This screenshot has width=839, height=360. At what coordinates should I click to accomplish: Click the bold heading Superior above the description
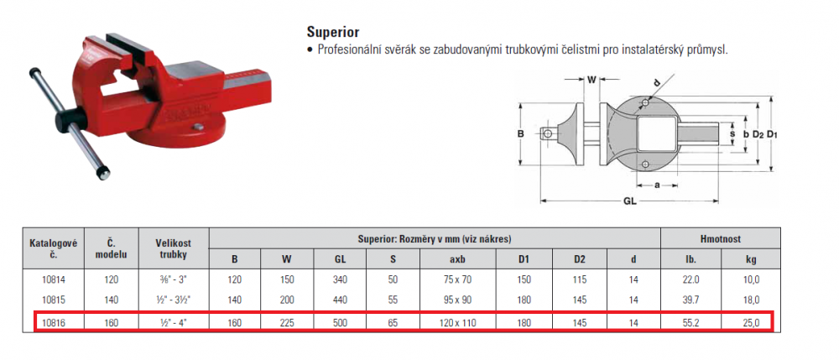[333, 32]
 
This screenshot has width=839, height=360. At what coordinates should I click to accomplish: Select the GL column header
[340, 259]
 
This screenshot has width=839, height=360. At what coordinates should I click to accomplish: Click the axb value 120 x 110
[458, 322]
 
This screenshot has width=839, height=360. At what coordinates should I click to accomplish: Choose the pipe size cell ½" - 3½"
[174, 300]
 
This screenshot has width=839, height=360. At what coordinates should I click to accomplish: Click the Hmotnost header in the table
[720, 239]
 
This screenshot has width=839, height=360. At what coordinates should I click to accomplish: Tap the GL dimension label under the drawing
[630, 202]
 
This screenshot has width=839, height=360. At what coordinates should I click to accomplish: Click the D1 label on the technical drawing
[771, 135]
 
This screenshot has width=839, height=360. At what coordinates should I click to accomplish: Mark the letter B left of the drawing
[520, 133]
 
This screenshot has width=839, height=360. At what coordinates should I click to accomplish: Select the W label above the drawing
[591, 81]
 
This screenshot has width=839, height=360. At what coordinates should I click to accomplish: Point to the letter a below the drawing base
[657, 185]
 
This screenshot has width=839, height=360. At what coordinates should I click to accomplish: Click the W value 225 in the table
[287, 322]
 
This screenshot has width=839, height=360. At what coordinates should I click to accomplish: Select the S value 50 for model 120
[393, 279]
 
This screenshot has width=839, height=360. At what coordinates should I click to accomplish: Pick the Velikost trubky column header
[174, 248]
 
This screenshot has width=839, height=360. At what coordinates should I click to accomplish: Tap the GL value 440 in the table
[340, 300]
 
